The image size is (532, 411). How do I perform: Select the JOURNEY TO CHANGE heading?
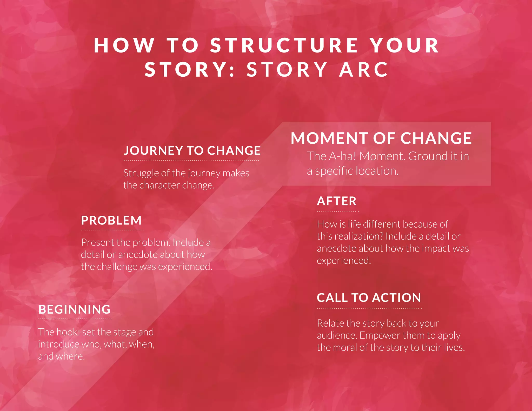tap(192, 151)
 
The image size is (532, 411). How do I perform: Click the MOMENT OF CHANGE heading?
tap(381, 138)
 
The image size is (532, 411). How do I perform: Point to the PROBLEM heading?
tap(111, 221)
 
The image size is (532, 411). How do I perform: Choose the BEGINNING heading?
tap(75, 309)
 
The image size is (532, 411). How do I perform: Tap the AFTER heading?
tap(337, 201)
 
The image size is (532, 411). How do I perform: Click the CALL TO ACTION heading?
tap(369, 298)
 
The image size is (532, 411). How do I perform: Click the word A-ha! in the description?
tap(342, 156)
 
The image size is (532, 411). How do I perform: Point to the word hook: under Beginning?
tap(68, 332)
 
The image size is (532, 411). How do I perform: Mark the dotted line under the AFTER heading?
tap(338, 211)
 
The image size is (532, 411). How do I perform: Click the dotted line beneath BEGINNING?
tap(75, 319)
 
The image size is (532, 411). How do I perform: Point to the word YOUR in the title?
tap(404, 45)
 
